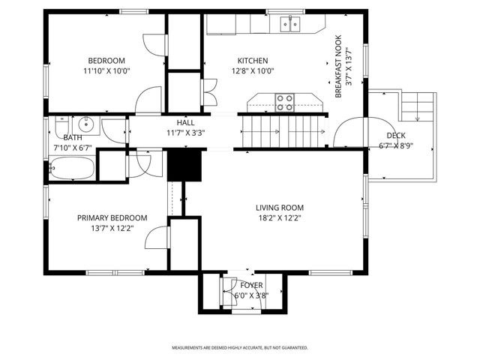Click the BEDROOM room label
click(106, 61)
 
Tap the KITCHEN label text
click(253, 61)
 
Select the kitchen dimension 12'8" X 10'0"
click(253, 72)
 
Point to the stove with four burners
click(284, 101)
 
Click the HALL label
click(185, 122)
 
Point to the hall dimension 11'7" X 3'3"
click(185, 132)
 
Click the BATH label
click(72, 137)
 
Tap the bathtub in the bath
click(73, 168)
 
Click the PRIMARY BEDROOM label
click(112, 217)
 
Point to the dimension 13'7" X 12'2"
click(112, 228)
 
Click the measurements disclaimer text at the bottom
click(240, 348)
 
